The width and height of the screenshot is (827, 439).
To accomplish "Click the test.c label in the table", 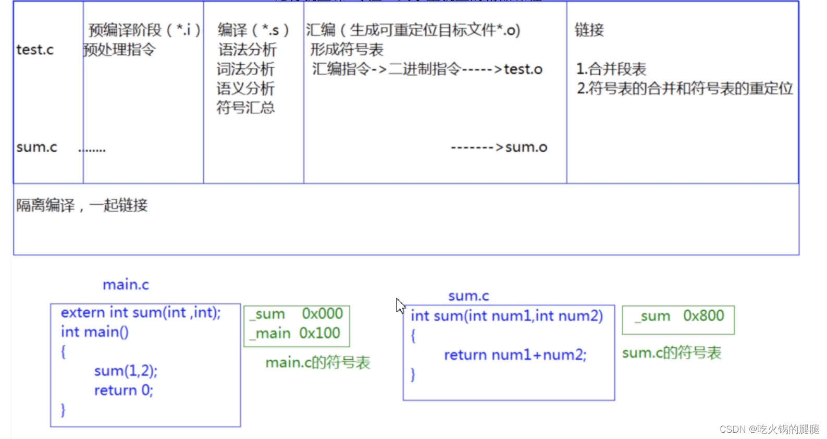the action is pos(35,50).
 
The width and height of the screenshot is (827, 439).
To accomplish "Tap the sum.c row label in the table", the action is pos(36,148).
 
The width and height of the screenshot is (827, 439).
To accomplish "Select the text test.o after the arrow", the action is pos(523,69).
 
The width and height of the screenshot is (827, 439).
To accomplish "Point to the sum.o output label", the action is pos(526,148).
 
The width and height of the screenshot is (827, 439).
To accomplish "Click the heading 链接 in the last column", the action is pos(589,30).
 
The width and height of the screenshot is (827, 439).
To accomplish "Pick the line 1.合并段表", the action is pos(611,69).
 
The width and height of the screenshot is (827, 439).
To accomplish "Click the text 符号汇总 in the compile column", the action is pos(245,108).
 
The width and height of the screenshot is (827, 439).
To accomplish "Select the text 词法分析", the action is pos(245,69).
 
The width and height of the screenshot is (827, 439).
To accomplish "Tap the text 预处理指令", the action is pos(119,50).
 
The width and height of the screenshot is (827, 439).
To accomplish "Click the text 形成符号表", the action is pos(347,50).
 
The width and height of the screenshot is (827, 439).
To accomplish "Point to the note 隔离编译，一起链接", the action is pos(82,205).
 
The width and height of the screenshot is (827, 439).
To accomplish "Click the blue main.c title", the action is pos(126,285).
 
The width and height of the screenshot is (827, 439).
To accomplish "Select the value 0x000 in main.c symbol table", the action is pos(323,314).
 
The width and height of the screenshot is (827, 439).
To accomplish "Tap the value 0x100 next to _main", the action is pos(319,333).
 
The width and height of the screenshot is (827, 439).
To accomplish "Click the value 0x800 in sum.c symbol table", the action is pos(703,316).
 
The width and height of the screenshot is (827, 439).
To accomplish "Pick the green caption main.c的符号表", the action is pos(318,362).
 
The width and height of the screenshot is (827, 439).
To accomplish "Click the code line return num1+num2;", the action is pos(515,355).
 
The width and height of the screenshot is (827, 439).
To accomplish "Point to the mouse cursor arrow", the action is pos(400,305).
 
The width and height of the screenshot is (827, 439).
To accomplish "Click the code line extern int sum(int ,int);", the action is pos(141,313).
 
